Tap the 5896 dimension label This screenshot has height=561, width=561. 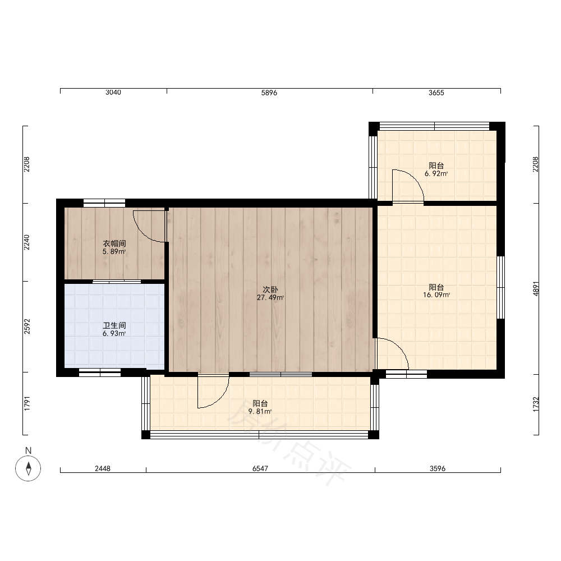pyautogui.click(x=269, y=93)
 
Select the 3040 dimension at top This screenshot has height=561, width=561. pyautogui.click(x=113, y=93)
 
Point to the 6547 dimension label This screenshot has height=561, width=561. pyautogui.click(x=260, y=468)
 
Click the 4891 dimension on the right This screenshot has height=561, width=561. pyautogui.click(x=536, y=289)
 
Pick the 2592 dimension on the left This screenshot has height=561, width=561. pyautogui.click(x=27, y=327)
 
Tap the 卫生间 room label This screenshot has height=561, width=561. pyautogui.click(x=114, y=325)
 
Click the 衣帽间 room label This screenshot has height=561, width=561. pyautogui.click(x=114, y=243)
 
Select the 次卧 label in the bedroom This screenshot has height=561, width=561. pyautogui.click(x=270, y=289)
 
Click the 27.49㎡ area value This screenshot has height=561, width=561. pyautogui.click(x=270, y=297)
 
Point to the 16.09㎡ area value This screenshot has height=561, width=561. pyautogui.click(x=436, y=295)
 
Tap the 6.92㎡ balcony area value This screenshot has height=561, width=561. pyautogui.click(x=436, y=173)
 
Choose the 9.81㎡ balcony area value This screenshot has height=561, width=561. pyautogui.click(x=260, y=411)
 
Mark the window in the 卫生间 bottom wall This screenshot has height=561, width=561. pyautogui.click(x=100, y=373)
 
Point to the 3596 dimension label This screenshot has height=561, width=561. pyautogui.click(x=438, y=468)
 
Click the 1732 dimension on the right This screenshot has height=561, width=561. pyautogui.click(x=536, y=404)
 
